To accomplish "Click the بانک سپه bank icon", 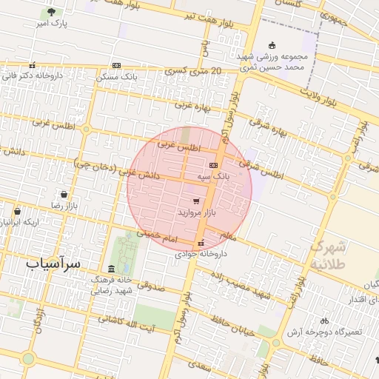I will click(214, 165).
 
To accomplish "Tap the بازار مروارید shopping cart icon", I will click(195, 201).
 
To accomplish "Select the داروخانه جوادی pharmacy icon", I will click(200, 243).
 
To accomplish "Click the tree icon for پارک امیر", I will click(51, 13).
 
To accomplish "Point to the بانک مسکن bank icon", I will click(117, 66).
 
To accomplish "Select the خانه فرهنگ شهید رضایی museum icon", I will click(112, 269).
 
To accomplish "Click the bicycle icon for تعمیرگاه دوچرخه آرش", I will click(323, 321).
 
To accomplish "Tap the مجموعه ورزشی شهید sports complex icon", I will click(272, 45).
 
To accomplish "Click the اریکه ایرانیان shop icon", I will click(16, 211).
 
